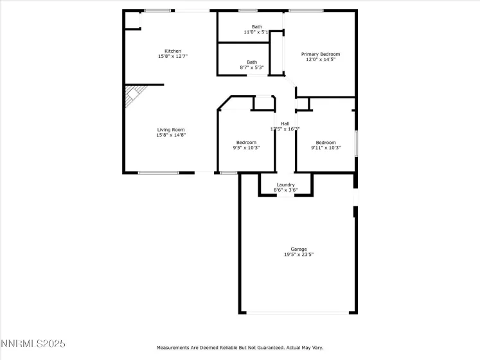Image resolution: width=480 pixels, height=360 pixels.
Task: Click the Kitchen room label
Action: coord(172,51)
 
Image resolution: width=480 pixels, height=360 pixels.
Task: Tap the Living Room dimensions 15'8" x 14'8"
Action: coord(170,136)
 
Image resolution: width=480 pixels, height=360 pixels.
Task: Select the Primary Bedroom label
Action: coord(321,54)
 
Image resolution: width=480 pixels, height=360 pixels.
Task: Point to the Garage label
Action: coord(298,249)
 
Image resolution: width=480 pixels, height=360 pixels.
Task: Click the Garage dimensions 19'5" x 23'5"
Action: coord(298,255)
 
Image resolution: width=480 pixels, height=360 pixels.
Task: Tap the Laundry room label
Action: coord(285,184)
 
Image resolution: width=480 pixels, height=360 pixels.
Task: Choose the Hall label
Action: coord(285,123)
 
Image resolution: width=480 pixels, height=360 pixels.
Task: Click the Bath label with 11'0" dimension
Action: coord(256,26)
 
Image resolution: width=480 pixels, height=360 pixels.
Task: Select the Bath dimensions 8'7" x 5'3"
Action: coord(251,67)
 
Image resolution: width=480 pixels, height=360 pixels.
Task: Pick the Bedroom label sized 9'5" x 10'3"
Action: coord(245,142)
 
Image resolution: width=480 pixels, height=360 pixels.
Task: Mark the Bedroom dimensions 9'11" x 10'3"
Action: coord(325,148)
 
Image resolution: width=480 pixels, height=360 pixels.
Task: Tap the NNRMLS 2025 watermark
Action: coord(33,345)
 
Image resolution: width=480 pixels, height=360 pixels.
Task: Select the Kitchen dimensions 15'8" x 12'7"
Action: coord(172,57)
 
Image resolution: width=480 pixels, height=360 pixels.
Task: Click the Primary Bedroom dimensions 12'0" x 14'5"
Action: coord(321,60)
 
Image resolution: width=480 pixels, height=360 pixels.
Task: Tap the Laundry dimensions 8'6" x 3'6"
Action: coord(285,190)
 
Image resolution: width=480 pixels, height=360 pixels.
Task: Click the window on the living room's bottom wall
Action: coord(158,172)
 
